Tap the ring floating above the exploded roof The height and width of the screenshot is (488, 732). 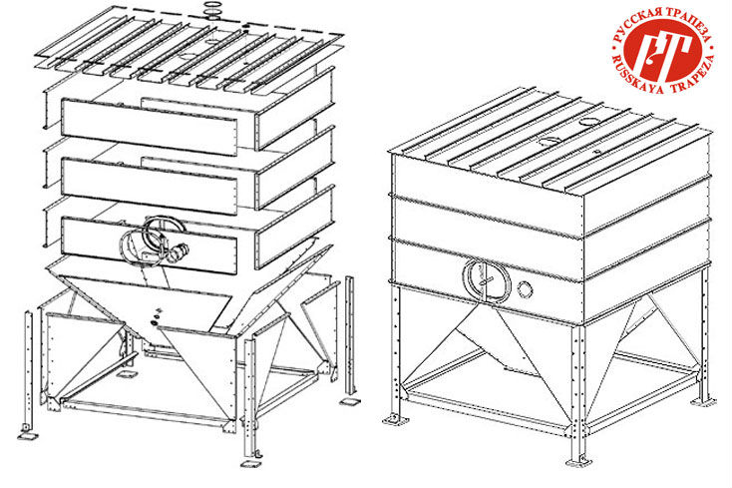click(213, 7)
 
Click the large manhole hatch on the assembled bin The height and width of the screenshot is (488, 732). click(487, 279)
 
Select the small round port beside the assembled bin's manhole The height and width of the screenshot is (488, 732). click(526, 289)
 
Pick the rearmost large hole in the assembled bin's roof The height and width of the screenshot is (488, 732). click(590, 123)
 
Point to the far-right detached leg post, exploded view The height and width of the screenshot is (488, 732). click(350, 335)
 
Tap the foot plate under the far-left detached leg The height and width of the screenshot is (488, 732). click(28, 435)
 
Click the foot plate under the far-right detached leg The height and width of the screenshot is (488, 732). click(350, 401)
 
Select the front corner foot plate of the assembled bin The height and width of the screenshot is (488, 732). click(578, 462)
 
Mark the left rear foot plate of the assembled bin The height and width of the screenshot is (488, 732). click(396, 420)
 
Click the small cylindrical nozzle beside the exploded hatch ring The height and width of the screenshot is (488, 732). click(178, 252)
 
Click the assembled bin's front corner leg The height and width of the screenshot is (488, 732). click(578, 392)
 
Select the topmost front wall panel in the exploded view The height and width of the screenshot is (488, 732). click(150, 127)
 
